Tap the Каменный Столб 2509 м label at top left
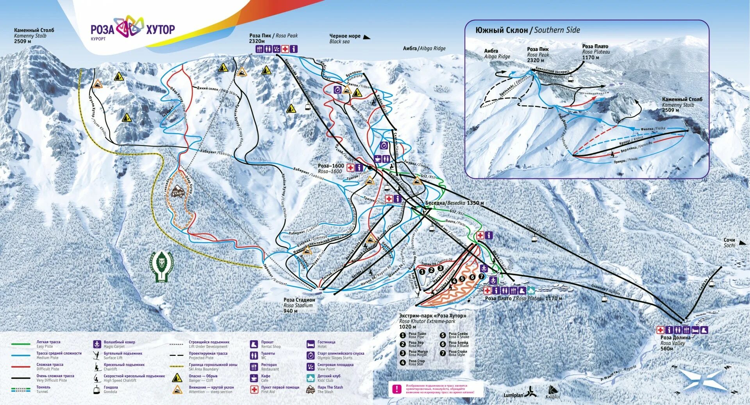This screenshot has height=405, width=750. [x=34, y=36]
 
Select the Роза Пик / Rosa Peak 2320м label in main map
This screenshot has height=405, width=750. [x=273, y=38]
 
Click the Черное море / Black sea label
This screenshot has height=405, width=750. [x=345, y=38]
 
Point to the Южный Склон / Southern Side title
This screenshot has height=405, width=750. [x=527, y=30]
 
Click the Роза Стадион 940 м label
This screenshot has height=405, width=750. [x=299, y=305]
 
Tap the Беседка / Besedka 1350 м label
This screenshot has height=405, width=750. [x=454, y=203]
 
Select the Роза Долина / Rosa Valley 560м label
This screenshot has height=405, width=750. [x=675, y=343]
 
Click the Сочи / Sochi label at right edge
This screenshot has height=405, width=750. [x=729, y=242]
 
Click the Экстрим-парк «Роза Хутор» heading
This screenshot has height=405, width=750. [x=432, y=315]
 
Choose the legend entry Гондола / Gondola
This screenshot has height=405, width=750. [x=110, y=389]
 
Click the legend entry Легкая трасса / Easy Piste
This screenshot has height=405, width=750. [x=48, y=344]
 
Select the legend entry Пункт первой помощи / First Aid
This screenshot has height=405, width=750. [x=280, y=389]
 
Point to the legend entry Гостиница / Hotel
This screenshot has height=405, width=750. [x=326, y=344]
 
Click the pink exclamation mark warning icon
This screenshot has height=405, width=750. [x=397, y=389]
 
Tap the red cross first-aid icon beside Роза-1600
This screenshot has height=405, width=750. [x=350, y=168]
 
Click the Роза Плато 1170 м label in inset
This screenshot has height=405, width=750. [x=595, y=52]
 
